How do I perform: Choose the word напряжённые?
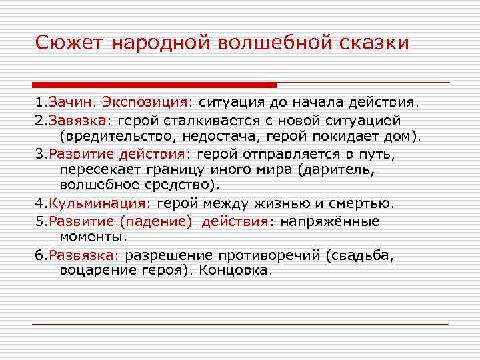click(x=329, y=221)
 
